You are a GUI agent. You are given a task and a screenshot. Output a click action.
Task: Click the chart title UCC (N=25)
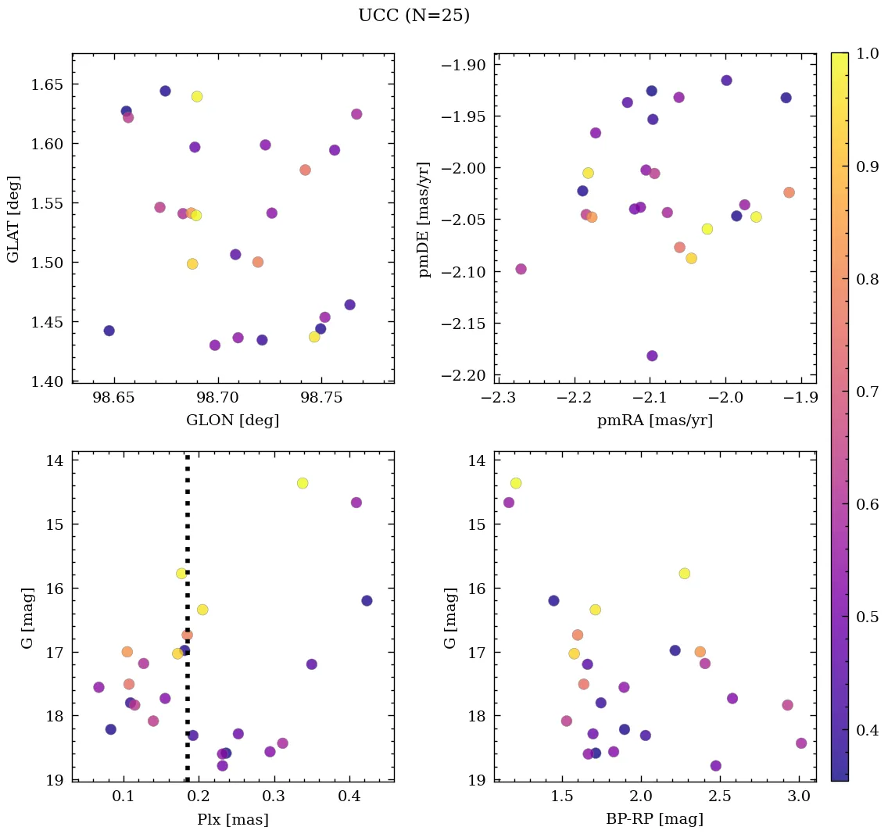[414, 16]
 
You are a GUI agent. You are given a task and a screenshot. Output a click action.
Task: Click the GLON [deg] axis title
[232, 421]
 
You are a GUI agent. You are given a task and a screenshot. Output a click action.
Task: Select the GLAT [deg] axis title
[13, 219]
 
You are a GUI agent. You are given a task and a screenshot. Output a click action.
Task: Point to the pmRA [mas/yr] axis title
[655, 421]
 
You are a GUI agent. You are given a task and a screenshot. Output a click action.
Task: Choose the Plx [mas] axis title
[232, 819]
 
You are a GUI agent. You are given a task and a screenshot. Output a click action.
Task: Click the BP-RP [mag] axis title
[655, 819]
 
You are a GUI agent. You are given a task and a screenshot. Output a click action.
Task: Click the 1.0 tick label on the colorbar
[867, 53]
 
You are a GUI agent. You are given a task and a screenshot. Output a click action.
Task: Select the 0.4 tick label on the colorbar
[867, 730]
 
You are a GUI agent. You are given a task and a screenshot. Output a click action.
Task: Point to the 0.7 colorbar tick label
[867, 392]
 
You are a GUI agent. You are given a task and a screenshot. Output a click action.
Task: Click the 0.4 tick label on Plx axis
[349, 796]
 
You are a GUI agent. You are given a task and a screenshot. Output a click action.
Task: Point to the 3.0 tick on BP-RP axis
[798, 796]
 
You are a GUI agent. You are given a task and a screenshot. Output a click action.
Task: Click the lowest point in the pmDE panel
[652, 356]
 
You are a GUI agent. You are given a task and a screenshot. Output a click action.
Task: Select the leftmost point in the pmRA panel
[521, 269]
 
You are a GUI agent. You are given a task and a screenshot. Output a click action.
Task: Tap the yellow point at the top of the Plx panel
[303, 483]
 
